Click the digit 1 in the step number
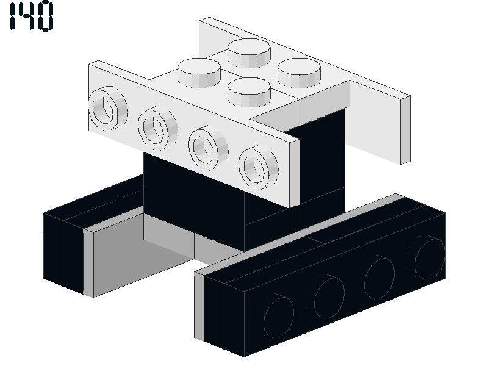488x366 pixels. [x=13, y=16]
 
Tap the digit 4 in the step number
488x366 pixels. [x=26, y=16]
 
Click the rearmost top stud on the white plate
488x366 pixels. [x=249, y=53]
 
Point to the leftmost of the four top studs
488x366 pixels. [x=199, y=73]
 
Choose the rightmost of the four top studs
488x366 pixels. [x=299, y=73]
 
